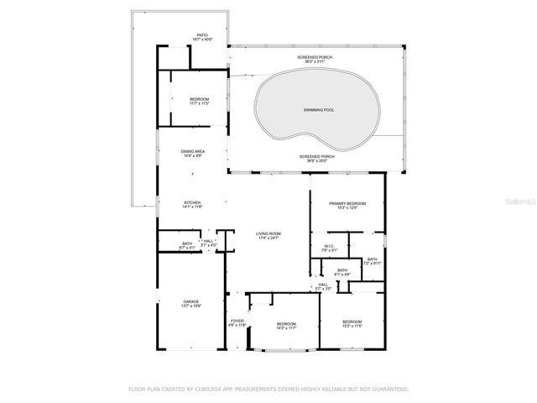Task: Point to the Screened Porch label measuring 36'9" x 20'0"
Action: [x=318, y=158]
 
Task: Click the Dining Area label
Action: [x=194, y=153]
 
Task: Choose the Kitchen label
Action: [x=193, y=204]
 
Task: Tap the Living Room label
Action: [x=268, y=235]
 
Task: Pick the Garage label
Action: [x=191, y=303]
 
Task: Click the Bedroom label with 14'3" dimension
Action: [x=287, y=326]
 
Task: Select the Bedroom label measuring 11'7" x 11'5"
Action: [x=199, y=101]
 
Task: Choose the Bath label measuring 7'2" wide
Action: [x=372, y=261]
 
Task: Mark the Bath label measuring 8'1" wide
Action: [x=342, y=271]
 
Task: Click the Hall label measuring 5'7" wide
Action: [x=323, y=286]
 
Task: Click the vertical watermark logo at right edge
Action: [x=528, y=202]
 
